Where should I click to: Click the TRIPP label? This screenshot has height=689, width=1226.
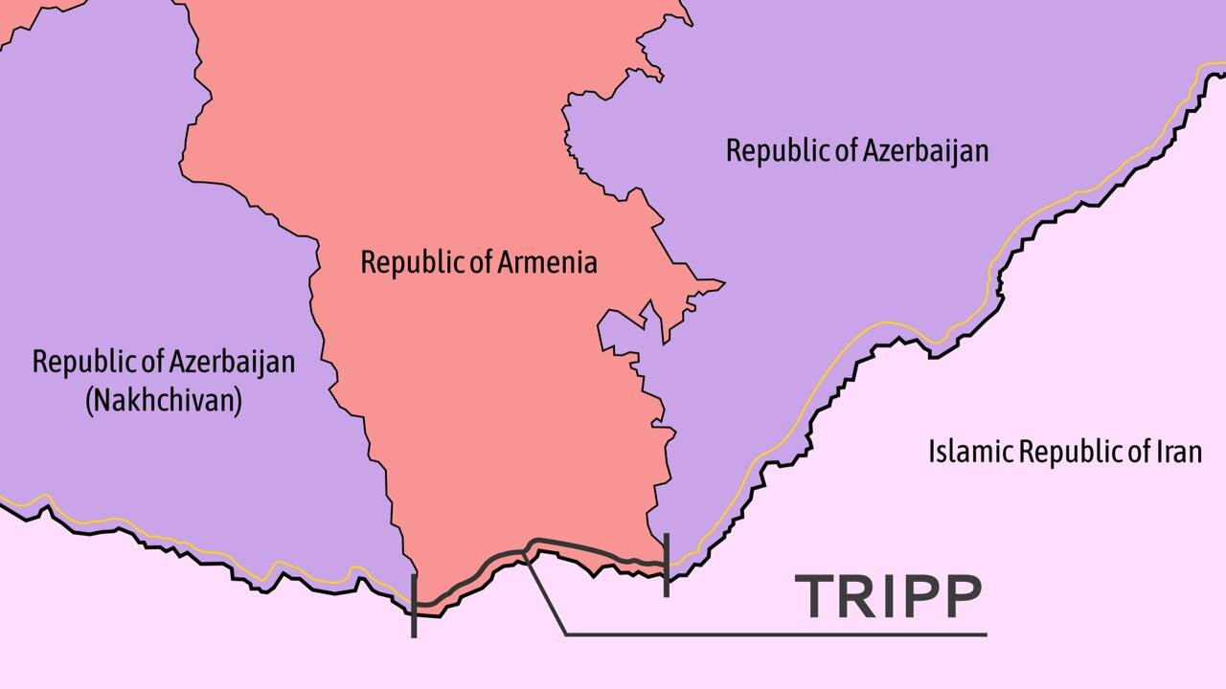pyautogui.click(x=888, y=595)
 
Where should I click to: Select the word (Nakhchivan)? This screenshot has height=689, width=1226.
pyautogui.click(x=163, y=399)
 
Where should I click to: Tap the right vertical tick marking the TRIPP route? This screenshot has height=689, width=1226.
pyautogui.click(x=666, y=565)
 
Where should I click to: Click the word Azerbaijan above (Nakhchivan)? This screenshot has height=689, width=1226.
pyautogui.click(x=222, y=362)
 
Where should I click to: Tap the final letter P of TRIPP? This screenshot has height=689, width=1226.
pyautogui.click(x=961, y=595)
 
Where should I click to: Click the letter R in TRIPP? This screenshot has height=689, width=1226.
pyautogui.click(x=861, y=595)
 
